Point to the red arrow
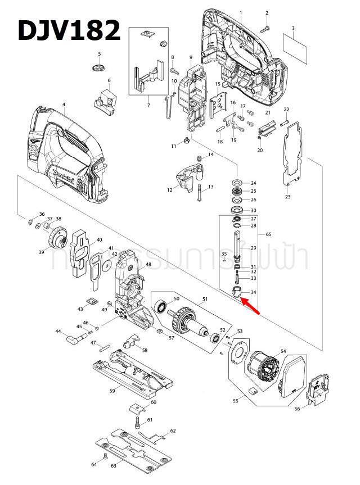pyautogui.click(x=251, y=307)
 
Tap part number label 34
pyautogui.click(x=253, y=292)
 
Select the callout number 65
pyautogui.click(x=268, y=233)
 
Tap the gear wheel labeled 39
pyautogui.click(x=58, y=238)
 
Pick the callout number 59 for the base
pyautogui.click(x=112, y=390)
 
